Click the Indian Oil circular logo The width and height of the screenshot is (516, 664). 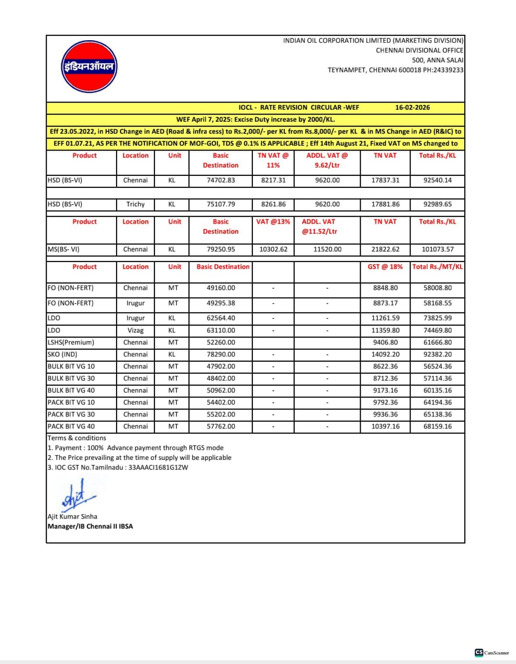point(89,67)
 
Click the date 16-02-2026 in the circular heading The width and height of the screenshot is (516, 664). point(412,107)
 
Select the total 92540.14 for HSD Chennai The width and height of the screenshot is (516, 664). point(437,180)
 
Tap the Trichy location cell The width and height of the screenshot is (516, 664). point(135,204)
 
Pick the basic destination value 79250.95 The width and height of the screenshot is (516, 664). point(221,249)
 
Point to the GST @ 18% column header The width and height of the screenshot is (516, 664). point(385,267)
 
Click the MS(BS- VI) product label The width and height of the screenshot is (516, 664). point(64,249)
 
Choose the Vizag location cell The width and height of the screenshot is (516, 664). point(135,331)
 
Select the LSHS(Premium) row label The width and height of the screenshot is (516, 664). point(71,343)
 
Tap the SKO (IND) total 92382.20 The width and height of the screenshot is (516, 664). point(437,355)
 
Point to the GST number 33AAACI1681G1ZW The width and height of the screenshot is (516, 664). point(158,468)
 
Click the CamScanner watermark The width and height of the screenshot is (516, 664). point(492,653)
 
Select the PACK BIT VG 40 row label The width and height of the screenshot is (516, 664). point(71,426)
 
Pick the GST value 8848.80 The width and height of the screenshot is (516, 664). point(385,288)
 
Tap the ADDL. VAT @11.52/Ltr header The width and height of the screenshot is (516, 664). point(319,227)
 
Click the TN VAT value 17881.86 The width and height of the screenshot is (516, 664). point(385,204)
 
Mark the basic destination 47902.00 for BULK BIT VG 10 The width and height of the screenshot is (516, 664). point(221,366)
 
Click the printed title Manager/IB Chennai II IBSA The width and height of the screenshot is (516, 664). point(90,526)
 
